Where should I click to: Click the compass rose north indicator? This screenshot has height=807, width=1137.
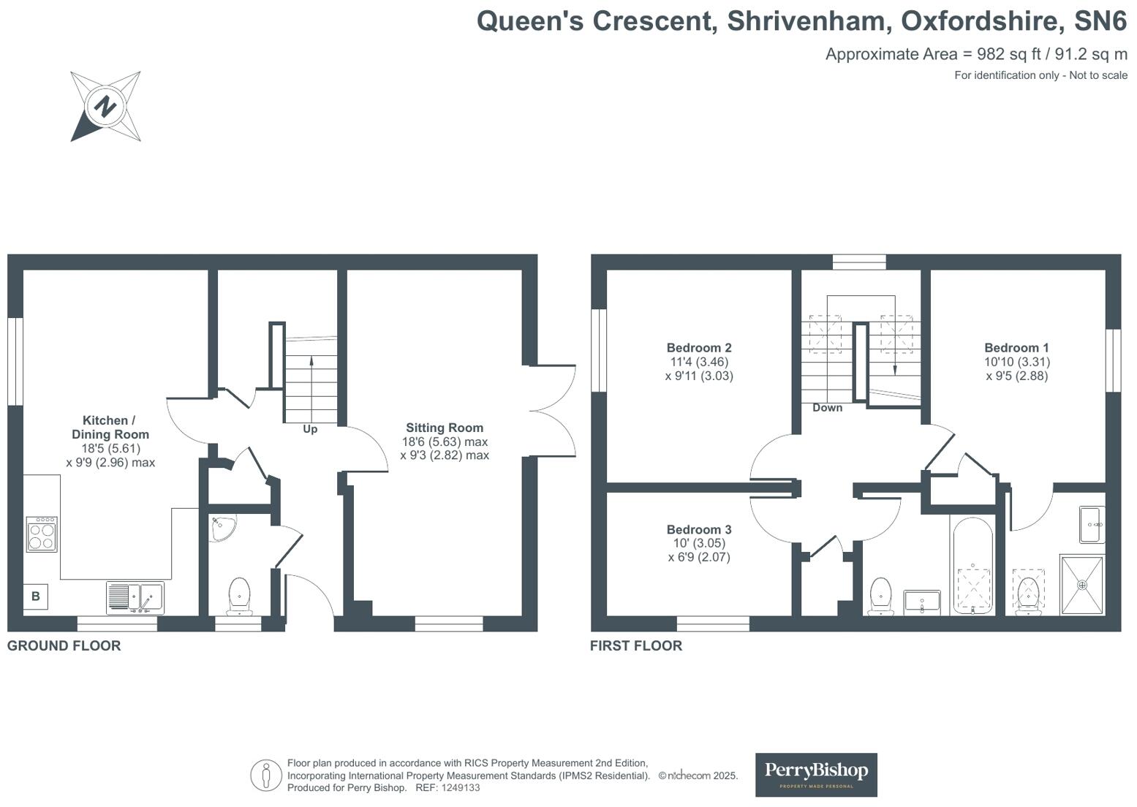106,107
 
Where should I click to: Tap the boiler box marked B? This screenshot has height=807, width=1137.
36,596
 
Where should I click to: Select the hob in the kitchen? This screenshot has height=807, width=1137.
42,534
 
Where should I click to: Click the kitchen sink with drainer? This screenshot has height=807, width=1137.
135,597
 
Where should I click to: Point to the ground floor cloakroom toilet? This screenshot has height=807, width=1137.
239,595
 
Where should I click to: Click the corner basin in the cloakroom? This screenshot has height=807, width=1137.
221,528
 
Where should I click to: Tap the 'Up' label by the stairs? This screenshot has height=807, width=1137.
310,429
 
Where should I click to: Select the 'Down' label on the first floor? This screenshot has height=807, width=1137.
827,408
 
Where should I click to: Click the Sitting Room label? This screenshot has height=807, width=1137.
445,428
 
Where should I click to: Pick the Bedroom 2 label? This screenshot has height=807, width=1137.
699,348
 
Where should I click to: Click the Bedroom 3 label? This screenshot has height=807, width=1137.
699,530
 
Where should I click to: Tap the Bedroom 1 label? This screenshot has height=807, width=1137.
1016,348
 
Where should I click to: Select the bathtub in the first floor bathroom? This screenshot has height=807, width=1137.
972,567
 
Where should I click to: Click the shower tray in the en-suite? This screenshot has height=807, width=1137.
1081,584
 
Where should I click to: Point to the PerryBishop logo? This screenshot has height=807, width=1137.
816,774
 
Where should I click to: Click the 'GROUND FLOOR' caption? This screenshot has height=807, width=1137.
64,645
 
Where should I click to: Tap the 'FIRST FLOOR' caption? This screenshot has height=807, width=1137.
636,645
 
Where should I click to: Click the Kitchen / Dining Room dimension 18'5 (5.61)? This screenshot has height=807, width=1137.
110,449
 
